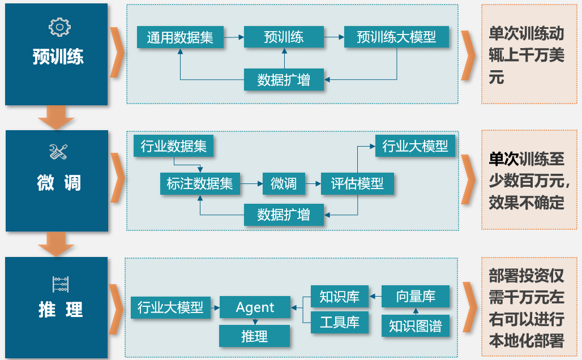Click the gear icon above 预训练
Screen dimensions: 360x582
pos(59,27)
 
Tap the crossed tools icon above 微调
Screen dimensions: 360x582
pos(59,152)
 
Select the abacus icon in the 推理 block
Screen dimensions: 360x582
pos(60,284)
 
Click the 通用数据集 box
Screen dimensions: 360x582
pos(180,37)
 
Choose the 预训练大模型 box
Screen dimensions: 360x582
pos(396,37)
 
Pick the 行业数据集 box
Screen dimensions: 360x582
pos(173,147)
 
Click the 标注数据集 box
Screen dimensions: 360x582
pos(200,183)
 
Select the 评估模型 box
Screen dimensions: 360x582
pos(357,183)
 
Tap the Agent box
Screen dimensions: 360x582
pos(255,307)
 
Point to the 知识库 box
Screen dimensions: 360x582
pos(340,296)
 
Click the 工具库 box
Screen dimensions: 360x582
pos(340,323)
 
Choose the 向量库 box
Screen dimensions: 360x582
pos(416,296)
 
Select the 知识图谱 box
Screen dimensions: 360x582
pos(416,326)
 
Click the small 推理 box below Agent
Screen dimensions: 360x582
pos(254,336)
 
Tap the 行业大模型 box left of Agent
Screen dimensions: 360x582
pos(170,307)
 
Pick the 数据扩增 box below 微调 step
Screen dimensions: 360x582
pos(284,215)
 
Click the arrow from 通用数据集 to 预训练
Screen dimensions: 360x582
pos(234,38)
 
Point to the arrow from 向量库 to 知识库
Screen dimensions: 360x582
pos(375,296)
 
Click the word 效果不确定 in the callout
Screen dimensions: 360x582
pos(527,203)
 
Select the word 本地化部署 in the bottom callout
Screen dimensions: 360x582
pos(527,341)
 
